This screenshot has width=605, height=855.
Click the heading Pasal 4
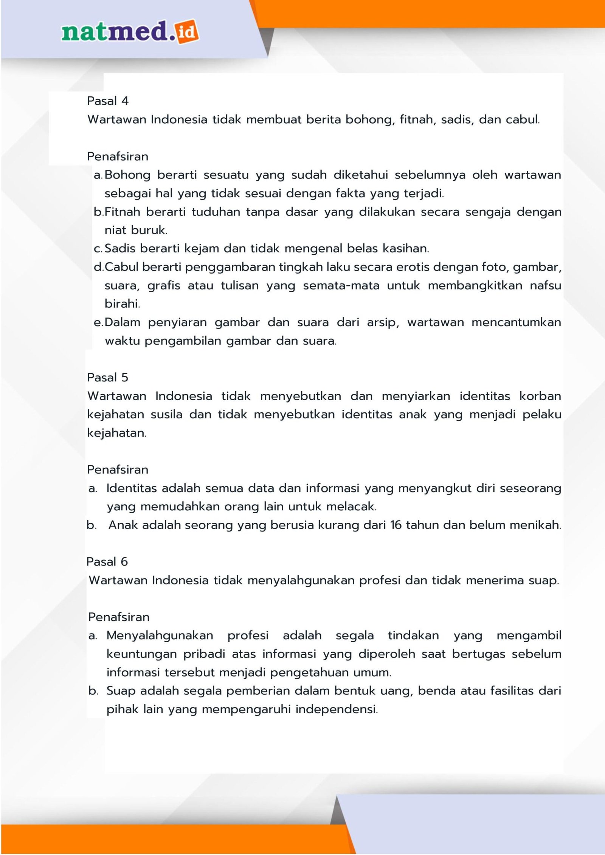(108, 101)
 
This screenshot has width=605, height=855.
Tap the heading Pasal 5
(108, 378)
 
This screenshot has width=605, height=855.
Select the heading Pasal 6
(107, 562)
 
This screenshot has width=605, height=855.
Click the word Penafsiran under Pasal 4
(118, 156)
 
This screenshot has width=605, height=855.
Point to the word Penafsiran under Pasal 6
(119, 617)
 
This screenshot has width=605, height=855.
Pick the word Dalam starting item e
(123, 322)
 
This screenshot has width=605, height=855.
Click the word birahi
(122, 304)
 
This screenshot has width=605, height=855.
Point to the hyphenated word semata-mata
(341, 285)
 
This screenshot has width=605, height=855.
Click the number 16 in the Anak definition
(396, 525)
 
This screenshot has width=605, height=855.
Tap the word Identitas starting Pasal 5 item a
(131, 488)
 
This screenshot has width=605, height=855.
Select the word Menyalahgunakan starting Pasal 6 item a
(160, 635)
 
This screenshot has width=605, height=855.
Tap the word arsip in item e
(382, 322)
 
